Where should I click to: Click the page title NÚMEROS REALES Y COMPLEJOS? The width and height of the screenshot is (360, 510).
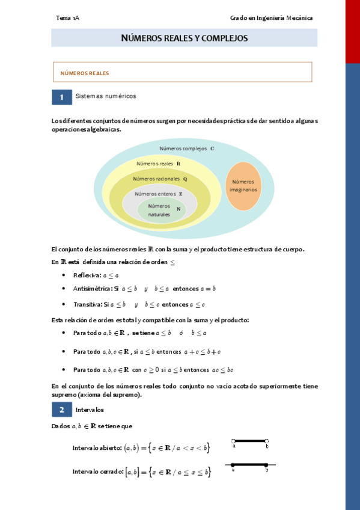coord(184,38)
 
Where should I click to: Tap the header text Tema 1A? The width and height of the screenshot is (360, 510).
coord(67,18)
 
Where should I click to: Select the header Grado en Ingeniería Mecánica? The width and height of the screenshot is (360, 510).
coord(271,18)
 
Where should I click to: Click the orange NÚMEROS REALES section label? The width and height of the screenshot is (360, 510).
coord(85,73)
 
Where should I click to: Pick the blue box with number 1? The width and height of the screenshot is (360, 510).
coord(61,97)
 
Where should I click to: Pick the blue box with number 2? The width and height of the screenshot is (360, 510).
coord(61,410)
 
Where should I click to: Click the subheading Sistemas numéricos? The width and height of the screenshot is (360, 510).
coord(106,96)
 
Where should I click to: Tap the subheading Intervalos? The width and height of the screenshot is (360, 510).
coord(90,410)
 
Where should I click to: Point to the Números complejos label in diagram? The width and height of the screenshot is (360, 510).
coord(183,149)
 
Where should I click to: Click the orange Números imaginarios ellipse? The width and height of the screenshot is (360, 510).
coord(243,186)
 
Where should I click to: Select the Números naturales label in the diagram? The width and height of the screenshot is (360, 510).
coord(159,210)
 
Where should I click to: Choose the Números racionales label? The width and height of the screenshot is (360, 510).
coord(156,179)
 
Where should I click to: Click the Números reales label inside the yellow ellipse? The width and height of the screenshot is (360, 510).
coord(155,164)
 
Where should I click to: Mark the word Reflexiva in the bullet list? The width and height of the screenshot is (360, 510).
coord(87,275)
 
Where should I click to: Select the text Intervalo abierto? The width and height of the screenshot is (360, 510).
coord(97,448)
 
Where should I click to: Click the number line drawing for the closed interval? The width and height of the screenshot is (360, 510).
coord(250,465)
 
